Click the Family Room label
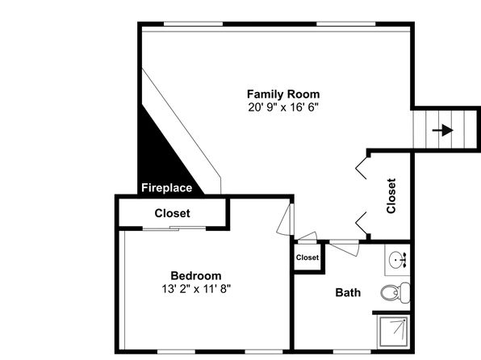[x=283, y=94]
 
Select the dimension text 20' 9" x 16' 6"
[x=283, y=107]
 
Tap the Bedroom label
[x=196, y=275]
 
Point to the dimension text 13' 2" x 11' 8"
[x=196, y=289]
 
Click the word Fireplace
[x=166, y=187]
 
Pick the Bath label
[x=348, y=292]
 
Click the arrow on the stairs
[x=442, y=130]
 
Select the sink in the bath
[x=398, y=260]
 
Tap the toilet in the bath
[x=395, y=292]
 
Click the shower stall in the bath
[x=394, y=332]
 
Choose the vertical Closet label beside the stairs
[x=391, y=196]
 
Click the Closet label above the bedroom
[x=172, y=213]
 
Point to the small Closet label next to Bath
[x=307, y=257]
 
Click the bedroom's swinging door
[x=284, y=220]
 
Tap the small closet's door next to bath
[x=307, y=237]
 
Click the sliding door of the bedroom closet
[x=174, y=228]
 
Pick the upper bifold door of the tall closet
[x=362, y=168]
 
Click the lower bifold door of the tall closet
[x=362, y=223]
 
